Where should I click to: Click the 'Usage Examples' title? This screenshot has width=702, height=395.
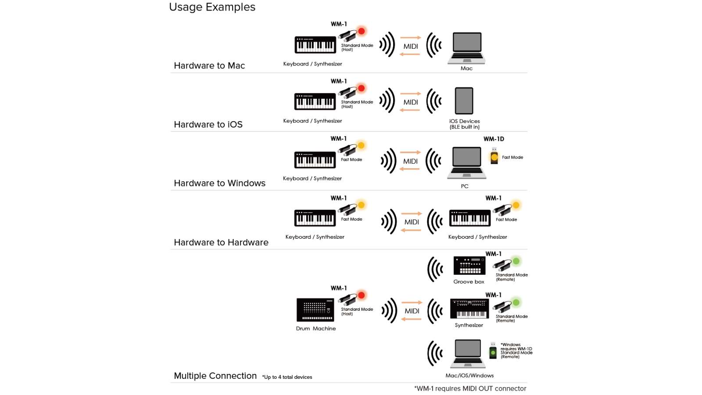pos(212,7)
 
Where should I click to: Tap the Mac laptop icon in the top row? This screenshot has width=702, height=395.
pos(466,48)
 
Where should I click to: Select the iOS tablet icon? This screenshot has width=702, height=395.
pos(464,101)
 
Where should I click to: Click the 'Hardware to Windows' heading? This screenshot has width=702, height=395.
pos(219,183)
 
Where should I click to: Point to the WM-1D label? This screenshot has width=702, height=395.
pos(494,139)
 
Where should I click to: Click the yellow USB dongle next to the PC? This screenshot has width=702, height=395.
pos(494,156)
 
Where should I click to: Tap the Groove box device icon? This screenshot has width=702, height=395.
pos(469,266)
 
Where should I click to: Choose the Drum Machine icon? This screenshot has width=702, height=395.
pos(315,310)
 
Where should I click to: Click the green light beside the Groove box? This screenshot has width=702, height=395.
pos(516,261)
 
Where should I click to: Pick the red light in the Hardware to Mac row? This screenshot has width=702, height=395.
pos(362,31)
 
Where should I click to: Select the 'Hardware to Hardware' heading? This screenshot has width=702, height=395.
pos(221,242)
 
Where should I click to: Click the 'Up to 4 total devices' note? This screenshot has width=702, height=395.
pos(287,377)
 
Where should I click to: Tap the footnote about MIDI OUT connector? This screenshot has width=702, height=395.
pos(470,389)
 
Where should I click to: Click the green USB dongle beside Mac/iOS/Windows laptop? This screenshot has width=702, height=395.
pos(493,351)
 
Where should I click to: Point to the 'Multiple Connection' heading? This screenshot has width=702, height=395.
pos(215,376)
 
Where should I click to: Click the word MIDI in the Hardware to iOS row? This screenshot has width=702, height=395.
pos(411,102)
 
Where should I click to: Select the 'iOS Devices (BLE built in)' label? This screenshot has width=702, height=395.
pos(465,124)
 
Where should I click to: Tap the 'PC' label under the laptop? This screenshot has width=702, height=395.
pos(465,186)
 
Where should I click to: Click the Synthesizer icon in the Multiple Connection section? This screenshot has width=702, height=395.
pos(469,309)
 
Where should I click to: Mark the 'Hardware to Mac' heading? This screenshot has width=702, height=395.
pos(209,65)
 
